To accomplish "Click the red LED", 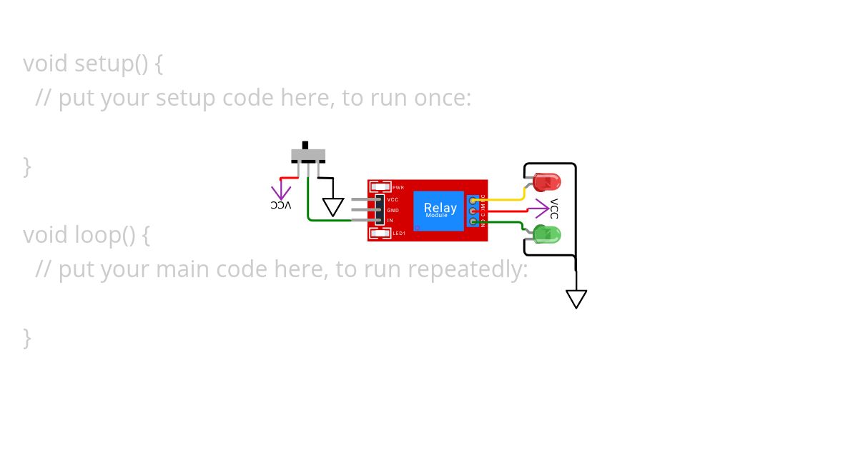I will point(548,181).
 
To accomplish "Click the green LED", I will point(548,234).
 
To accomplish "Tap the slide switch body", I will point(308,155).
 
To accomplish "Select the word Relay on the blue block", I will point(440,208).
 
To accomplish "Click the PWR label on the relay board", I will point(398,187).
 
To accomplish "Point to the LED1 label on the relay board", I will point(399,233).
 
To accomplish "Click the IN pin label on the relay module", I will point(390,221).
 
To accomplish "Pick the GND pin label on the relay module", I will point(393,211).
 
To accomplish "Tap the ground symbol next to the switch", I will point(333,206).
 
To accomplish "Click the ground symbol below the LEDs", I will point(576,299).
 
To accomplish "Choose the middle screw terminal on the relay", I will point(473,211).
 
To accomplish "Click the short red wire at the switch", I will point(290,178).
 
